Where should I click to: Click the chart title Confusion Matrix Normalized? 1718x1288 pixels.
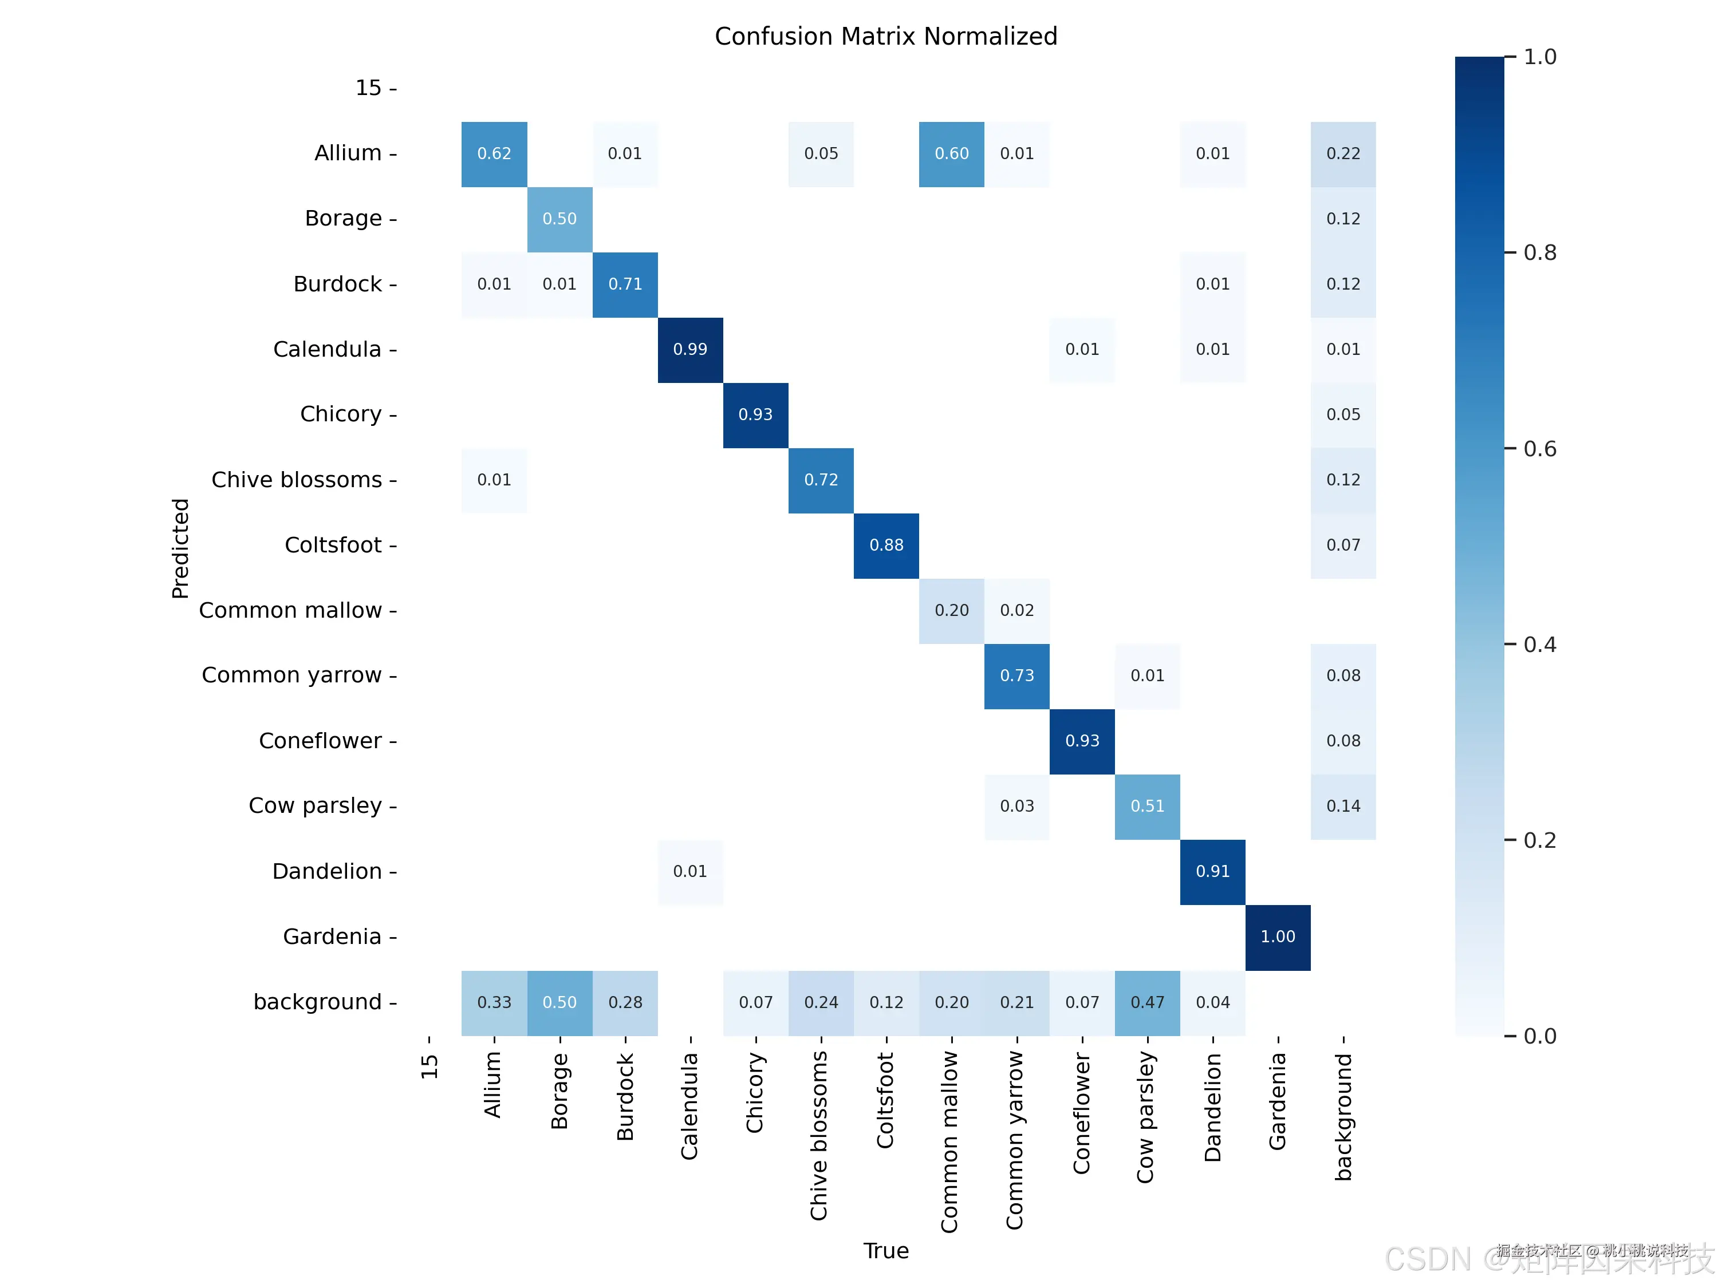885,37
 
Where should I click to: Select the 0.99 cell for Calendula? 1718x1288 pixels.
689,349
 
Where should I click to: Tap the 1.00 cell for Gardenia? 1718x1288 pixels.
1278,937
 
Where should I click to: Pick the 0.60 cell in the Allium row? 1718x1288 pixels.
951,154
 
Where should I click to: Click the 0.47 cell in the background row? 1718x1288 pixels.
1147,1002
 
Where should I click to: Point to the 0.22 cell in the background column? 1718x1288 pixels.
1343,154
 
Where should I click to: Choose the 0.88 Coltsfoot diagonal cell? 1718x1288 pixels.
886,545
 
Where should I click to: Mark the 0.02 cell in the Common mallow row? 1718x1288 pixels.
1016,610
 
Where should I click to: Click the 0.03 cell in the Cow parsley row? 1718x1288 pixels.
1016,806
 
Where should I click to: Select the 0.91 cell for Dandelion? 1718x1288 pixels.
1212,872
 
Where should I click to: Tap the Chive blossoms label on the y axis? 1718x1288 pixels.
297,480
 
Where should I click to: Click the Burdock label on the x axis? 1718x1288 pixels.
625,1096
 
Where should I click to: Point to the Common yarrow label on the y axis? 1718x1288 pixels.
292,675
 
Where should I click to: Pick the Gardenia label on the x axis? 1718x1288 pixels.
1278,1101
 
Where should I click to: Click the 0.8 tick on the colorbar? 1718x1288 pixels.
1539,253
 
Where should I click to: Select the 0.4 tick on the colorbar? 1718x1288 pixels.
1539,645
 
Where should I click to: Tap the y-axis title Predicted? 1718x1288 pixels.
180,548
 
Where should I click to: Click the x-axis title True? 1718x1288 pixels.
885,1251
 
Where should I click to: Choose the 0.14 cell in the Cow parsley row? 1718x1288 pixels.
1343,806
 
